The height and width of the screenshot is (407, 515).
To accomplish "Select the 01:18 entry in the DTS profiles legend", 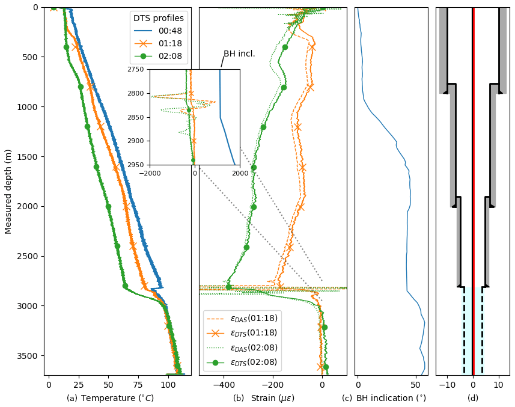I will click(159, 44).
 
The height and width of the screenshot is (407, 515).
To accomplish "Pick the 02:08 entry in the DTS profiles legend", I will click(159, 57).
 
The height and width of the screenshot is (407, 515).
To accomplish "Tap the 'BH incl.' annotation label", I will click(239, 54).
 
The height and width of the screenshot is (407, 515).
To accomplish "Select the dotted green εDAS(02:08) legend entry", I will click(242, 347).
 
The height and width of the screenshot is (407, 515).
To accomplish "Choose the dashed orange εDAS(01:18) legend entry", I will click(242, 318).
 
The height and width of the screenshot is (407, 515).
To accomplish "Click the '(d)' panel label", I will click(473, 398).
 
